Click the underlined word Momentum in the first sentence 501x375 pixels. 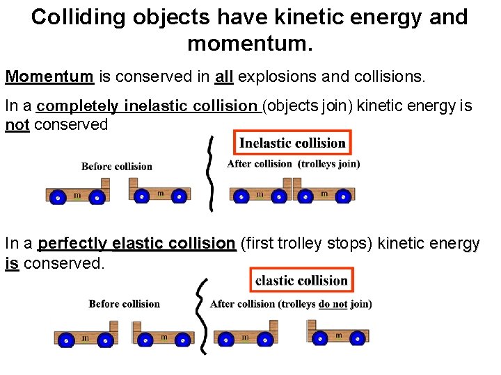49,76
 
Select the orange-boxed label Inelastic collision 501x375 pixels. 292,144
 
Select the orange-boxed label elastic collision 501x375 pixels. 301,281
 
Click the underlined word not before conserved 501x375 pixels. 17,125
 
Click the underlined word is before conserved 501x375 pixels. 11,264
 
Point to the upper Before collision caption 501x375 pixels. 116,167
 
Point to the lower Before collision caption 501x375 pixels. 124,304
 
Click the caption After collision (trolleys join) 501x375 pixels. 293,165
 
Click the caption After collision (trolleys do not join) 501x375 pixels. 290,304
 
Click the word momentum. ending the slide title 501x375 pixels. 250,44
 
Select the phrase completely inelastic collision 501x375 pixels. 147,106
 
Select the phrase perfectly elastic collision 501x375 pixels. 136,244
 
